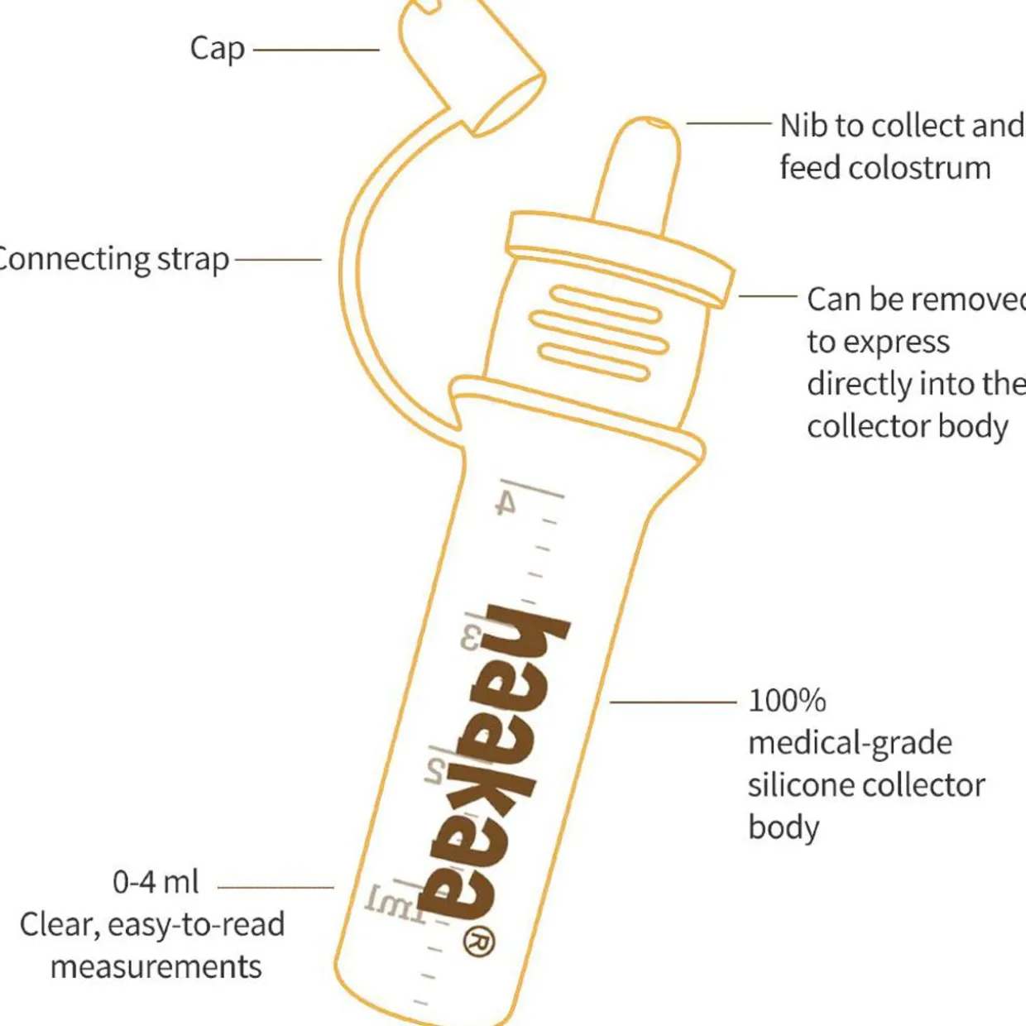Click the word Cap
coord(217,49)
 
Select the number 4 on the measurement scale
coord(506,502)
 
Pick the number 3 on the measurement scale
coord(470,638)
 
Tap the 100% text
coord(787,701)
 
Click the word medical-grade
coord(850,743)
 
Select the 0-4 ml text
coord(156,882)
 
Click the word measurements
coord(156,966)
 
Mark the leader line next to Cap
coord(315,50)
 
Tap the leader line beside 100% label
coord(673,702)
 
